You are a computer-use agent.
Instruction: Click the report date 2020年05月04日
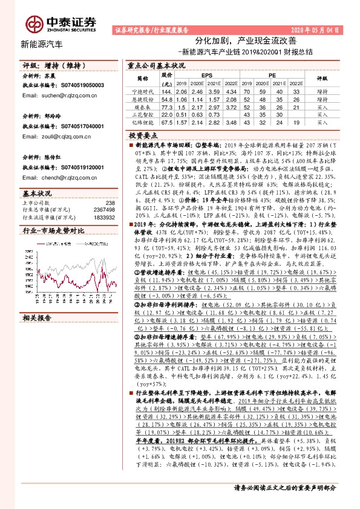[316, 29]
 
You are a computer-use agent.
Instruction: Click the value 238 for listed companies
[110, 203]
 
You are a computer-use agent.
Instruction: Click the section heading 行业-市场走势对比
[52, 231]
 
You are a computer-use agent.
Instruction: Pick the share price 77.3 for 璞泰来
[168, 105]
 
